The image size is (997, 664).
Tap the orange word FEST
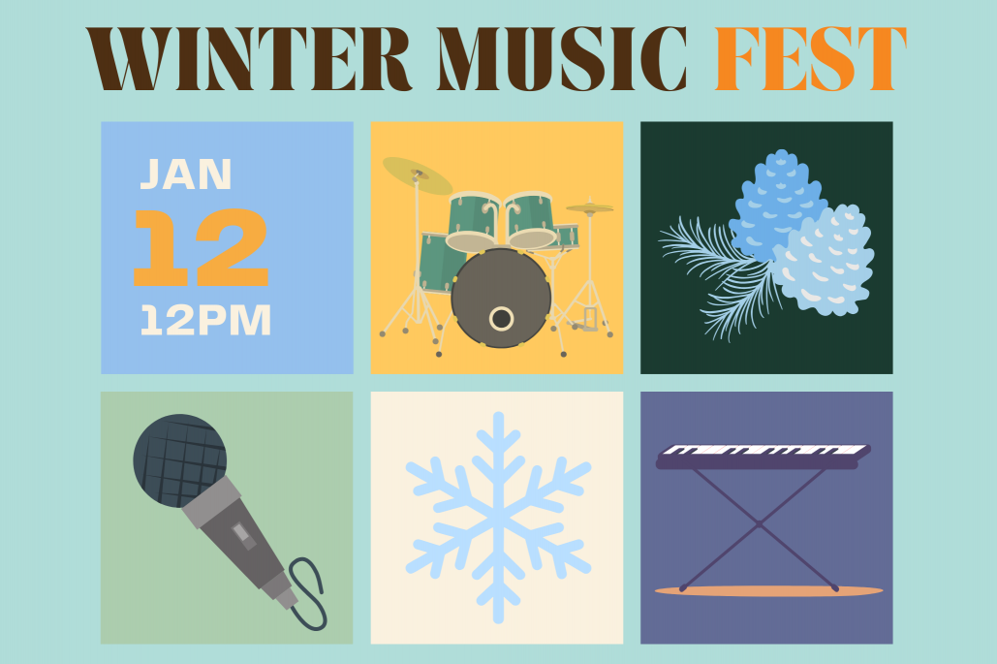(x=811, y=58)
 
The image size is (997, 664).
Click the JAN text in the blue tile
(x=186, y=174)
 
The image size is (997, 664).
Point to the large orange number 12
(x=200, y=248)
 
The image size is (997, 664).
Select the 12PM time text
(x=205, y=321)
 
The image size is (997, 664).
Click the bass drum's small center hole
(x=501, y=318)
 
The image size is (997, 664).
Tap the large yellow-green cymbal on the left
(x=418, y=175)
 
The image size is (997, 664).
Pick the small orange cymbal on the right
(x=589, y=208)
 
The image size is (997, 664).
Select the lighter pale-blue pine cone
(x=824, y=262)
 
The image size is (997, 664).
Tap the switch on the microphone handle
(x=241, y=533)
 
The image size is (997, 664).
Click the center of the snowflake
(x=497, y=517)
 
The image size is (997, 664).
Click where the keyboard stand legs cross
(x=759, y=524)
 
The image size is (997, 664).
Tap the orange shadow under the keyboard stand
(x=768, y=590)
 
